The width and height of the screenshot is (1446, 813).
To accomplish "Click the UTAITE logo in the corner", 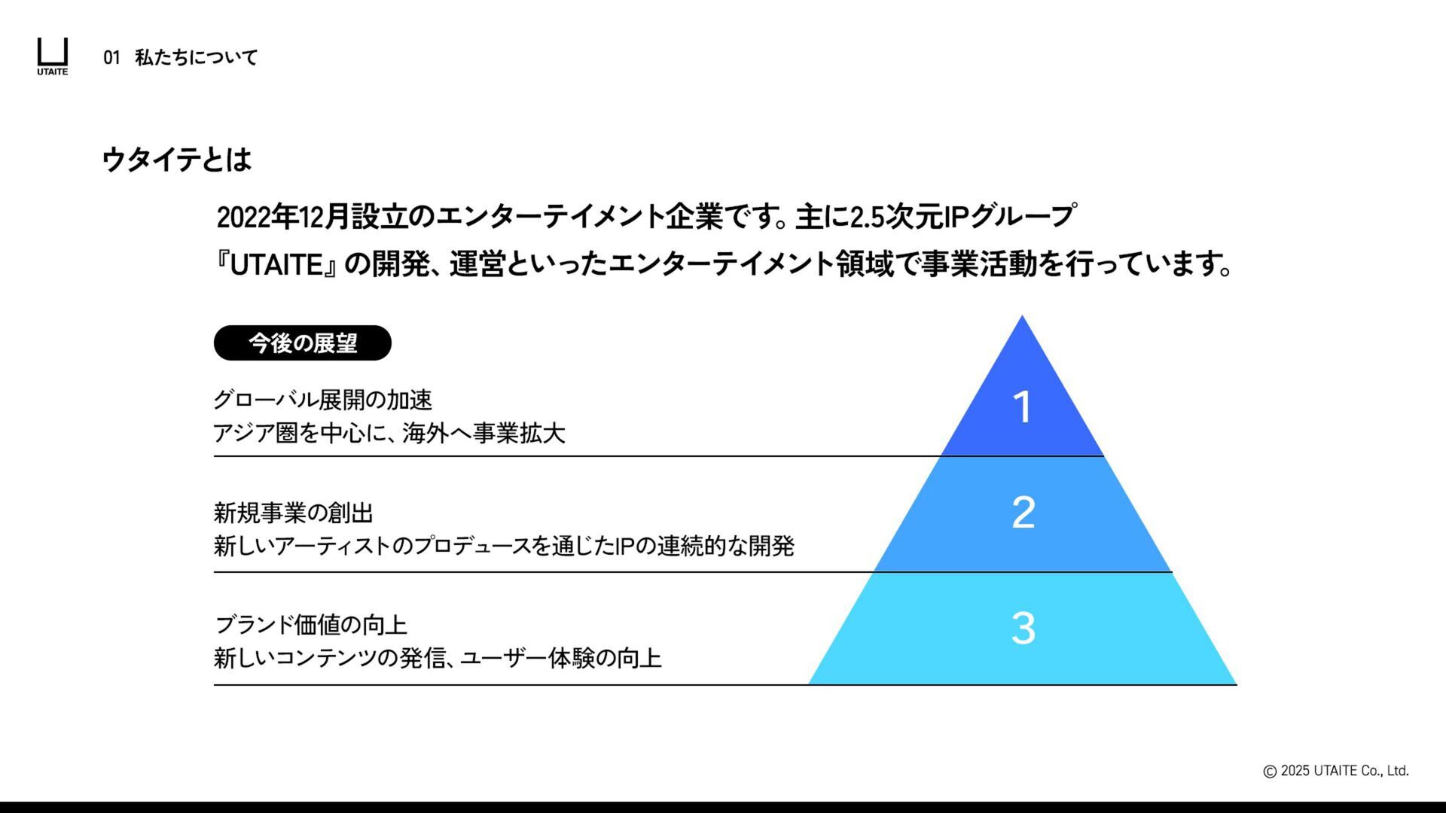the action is [x=53, y=56].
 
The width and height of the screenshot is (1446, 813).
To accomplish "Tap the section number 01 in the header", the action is [x=111, y=57].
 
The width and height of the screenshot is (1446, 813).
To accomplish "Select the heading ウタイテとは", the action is [x=176, y=160].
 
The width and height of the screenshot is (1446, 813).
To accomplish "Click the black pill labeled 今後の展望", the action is [x=303, y=343].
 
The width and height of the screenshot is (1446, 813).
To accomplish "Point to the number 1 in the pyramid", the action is [x=1022, y=407].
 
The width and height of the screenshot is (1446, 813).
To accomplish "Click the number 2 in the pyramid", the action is [x=1023, y=513].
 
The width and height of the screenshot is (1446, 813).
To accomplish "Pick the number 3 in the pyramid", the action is [x=1023, y=628].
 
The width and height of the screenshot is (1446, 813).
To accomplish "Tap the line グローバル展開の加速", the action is [x=322, y=400].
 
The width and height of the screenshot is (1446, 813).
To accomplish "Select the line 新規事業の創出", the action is [x=293, y=513].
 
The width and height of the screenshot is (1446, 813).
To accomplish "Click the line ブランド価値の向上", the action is [x=310, y=625].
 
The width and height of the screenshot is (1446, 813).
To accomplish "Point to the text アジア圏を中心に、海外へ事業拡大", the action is [x=389, y=433].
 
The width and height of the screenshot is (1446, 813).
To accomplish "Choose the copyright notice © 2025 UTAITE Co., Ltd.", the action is [x=1335, y=770].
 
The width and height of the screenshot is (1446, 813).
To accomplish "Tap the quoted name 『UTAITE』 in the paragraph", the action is [x=276, y=265].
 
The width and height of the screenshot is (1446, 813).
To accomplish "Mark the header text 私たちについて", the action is [x=197, y=57].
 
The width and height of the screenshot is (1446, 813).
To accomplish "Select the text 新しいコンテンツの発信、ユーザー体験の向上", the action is [x=438, y=658].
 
